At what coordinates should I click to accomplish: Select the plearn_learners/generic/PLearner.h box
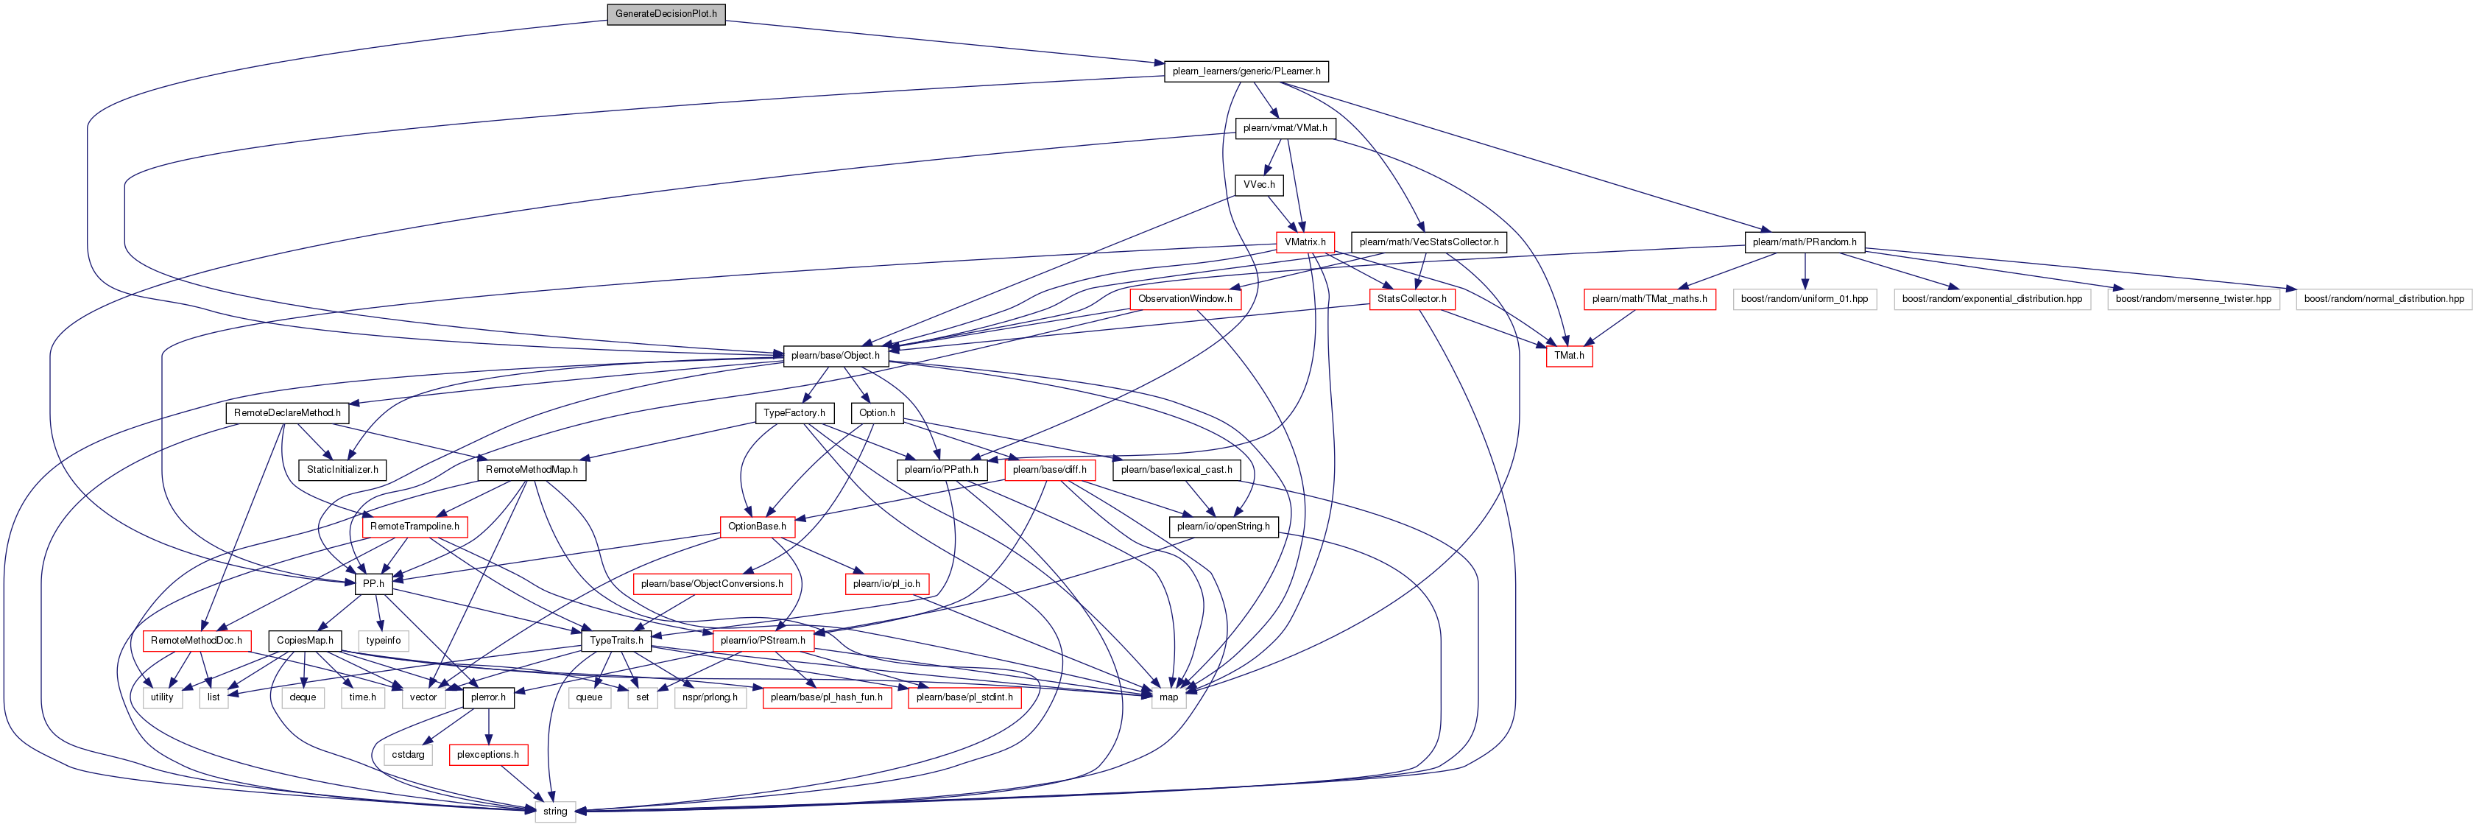(x=1246, y=71)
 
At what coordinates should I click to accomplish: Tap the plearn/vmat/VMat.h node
(x=1285, y=128)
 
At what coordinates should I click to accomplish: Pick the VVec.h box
(x=1259, y=185)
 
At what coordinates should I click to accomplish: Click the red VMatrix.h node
(x=1305, y=242)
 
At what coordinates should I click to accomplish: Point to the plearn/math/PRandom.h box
(x=1804, y=242)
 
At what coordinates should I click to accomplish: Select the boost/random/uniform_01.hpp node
(x=1804, y=299)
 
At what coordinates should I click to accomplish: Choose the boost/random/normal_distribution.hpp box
(x=2384, y=299)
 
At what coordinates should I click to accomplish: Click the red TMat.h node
(x=1569, y=356)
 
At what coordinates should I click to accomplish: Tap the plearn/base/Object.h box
(x=834, y=356)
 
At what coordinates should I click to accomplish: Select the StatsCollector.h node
(x=1411, y=299)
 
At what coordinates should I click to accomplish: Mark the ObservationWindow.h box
(x=1185, y=299)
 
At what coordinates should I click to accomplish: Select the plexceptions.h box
(x=487, y=755)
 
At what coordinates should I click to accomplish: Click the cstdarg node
(x=408, y=755)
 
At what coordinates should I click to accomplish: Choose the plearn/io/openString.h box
(x=1223, y=527)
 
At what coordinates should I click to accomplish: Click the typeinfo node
(x=383, y=641)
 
